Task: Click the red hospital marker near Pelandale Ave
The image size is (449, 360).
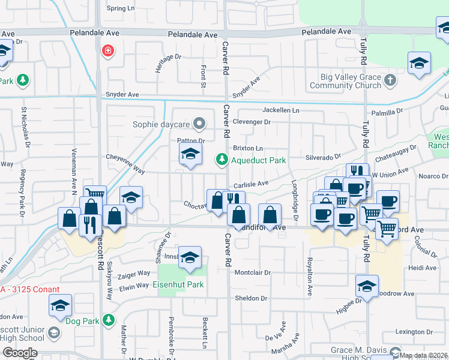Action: coord(108,51)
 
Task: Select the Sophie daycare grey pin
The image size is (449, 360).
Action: coord(200,125)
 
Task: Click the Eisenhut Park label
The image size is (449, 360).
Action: coord(178,285)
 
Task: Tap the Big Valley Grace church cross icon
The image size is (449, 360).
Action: coord(391,80)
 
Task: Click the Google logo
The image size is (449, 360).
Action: coord(20,353)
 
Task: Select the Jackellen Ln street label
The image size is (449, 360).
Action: coord(281,110)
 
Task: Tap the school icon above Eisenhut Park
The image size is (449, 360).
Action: coord(190,257)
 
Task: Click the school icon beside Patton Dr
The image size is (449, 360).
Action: coord(190,154)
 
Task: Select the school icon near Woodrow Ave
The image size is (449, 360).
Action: coord(367,286)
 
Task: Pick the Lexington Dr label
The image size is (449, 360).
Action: coord(414,332)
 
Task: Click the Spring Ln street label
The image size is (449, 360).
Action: coord(121,8)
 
